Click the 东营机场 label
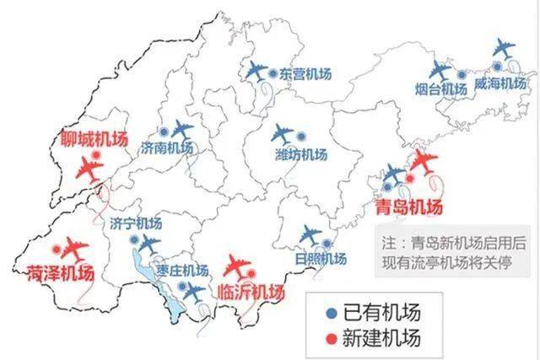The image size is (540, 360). pos(306,74)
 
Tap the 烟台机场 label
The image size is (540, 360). pos(441,89)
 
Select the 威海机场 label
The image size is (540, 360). pos(501,84)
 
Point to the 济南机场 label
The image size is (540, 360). pos(167,148)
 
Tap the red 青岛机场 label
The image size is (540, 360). pos(409,207)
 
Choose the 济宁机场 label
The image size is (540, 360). pos(136,223)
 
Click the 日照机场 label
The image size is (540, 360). pos(321,258)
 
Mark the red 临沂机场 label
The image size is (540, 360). pos(251,292)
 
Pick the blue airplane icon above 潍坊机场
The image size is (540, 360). pos(284,134)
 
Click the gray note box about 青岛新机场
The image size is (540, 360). pos(453,251)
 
